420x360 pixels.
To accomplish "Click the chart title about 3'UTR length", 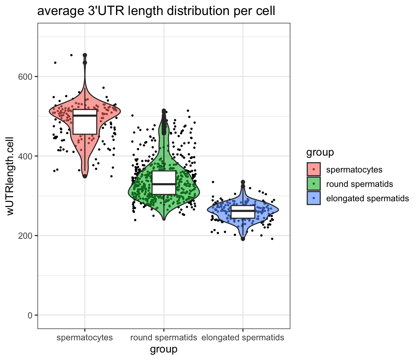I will [x=156, y=11].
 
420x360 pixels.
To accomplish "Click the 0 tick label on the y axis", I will [x=30, y=315].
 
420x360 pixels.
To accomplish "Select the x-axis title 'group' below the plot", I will [x=163, y=349].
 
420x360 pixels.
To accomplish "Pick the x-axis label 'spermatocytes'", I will [x=85, y=337].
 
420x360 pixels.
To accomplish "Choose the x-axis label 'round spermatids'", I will [x=163, y=337].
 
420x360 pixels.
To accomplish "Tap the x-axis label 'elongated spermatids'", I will [x=243, y=337].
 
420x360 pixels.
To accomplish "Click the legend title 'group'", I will [x=320, y=152].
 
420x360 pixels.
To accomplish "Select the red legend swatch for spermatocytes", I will [x=314, y=169].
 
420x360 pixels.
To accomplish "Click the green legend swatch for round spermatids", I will [x=314, y=184].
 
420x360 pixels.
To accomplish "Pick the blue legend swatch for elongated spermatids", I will [x=314, y=198].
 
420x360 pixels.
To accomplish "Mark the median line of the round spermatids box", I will [x=164, y=184].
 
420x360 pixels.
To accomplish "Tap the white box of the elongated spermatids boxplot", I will [x=243, y=215].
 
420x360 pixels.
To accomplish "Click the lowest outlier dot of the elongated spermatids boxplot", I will [x=243, y=239].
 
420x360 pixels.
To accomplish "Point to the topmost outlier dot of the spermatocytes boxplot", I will [x=85, y=55].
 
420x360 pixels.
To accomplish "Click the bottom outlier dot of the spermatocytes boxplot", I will [x=85, y=176].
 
